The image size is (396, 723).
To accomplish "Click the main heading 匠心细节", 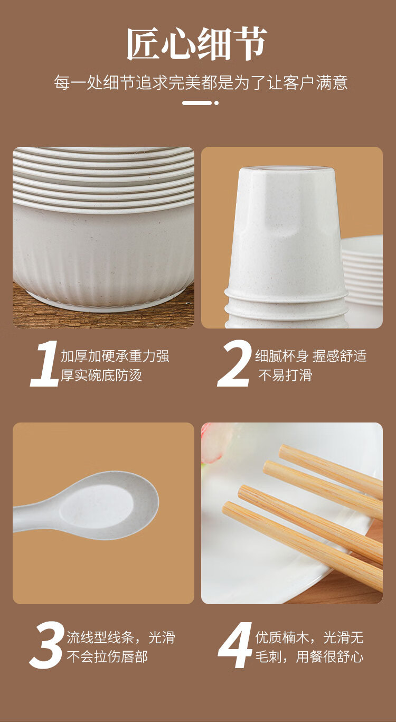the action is coord(197,44).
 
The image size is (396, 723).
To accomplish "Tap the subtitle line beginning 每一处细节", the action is coord(201,82).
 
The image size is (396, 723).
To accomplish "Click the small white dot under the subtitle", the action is coord(216,103).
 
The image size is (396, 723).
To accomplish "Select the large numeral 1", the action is coord(44,364).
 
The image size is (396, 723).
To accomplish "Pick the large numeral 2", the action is coord(234,364).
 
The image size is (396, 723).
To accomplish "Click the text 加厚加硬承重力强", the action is coord(115,356).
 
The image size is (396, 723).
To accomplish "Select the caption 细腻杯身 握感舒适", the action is coord(311,356).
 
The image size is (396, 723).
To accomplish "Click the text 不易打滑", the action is coord(285,375).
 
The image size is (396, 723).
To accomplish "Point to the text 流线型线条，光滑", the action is coord(121,637).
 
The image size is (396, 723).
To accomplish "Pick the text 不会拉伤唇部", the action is coord(107,657).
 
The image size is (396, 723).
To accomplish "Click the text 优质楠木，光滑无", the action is coord(309,637).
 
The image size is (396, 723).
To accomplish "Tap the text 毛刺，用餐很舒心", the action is coord(309,657).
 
